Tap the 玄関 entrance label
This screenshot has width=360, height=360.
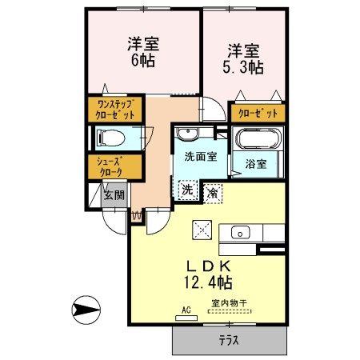coord(114,194)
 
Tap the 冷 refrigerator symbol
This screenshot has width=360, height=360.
coord(213,191)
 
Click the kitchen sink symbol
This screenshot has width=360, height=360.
coord(241,233)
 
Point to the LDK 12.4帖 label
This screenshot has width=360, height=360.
coord(209,273)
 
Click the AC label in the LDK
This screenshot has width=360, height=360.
coord(186,309)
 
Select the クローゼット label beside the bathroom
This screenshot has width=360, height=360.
coord(257,114)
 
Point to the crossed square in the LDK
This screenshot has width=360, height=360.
coord(200,229)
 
